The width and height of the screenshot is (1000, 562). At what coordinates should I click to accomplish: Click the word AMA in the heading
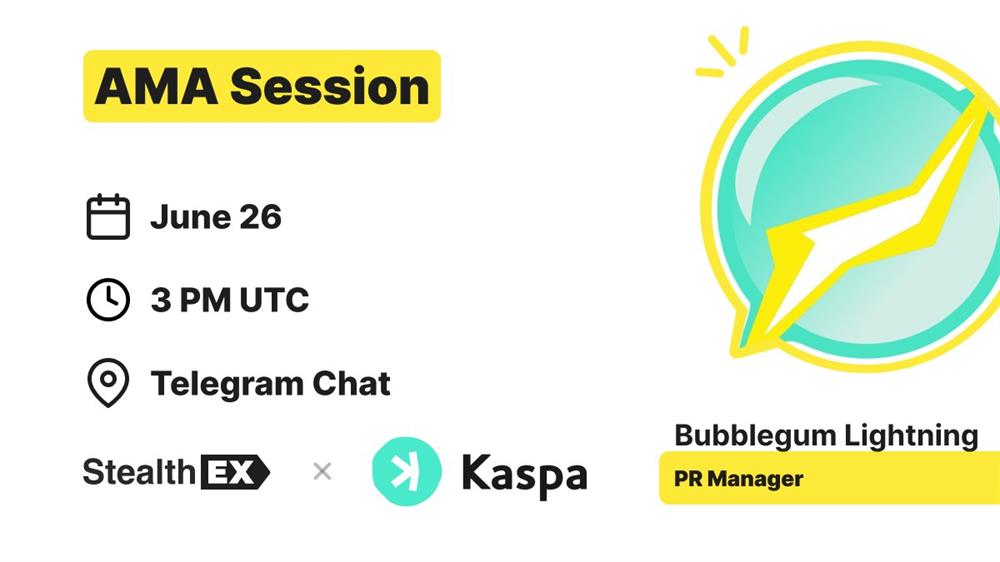click(156, 86)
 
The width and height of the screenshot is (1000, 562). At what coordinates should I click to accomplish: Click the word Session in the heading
click(330, 86)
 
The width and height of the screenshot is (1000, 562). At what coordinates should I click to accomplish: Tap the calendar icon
click(108, 217)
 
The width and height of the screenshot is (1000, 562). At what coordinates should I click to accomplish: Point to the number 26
click(261, 218)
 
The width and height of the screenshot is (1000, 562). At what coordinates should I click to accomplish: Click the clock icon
click(108, 299)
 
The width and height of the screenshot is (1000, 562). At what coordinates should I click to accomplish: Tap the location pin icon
click(108, 383)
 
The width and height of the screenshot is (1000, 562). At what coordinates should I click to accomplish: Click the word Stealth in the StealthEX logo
click(139, 472)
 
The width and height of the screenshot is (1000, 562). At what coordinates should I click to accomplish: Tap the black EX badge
click(235, 472)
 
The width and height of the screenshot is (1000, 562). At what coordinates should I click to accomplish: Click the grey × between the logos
click(322, 471)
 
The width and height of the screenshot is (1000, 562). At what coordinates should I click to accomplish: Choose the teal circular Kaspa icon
click(406, 471)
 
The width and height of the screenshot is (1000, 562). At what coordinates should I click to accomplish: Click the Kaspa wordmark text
click(524, 475)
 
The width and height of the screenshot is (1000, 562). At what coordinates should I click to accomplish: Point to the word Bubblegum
click(755, 437)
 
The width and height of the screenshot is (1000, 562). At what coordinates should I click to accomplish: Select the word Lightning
click(911, 437)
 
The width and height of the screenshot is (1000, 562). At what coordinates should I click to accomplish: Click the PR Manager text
click(739, 478)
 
